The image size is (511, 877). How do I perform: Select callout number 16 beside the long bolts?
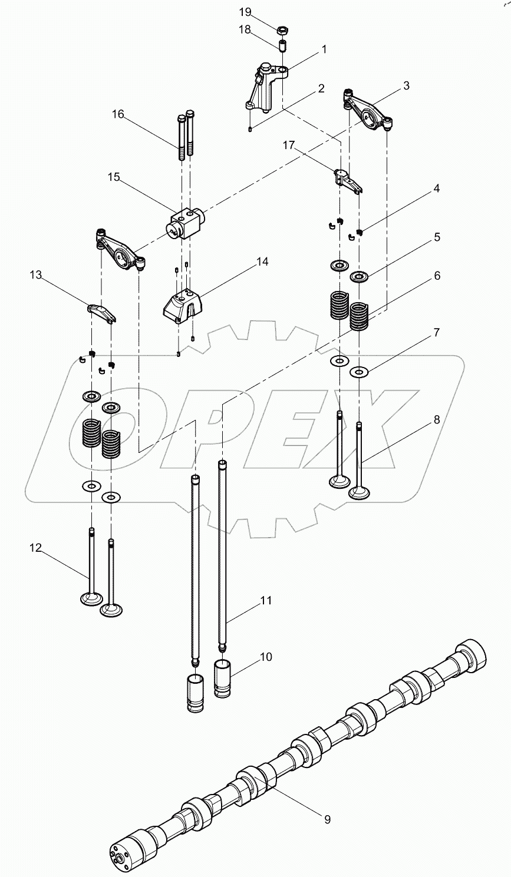tap(118, 114)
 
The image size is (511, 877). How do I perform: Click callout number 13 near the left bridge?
tap(37, 274)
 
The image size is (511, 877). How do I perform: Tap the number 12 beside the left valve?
tap(37, 548)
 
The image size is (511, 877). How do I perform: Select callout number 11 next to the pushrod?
tap(266, 600)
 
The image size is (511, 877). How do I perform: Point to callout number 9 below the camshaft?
tap(326, 819)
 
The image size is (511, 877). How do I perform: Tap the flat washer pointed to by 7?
tap(358, 372)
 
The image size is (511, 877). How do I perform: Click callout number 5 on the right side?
tap(437, 237)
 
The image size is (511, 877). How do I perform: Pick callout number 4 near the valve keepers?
tap(437, 188)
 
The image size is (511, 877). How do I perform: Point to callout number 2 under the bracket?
tap(321, 88)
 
